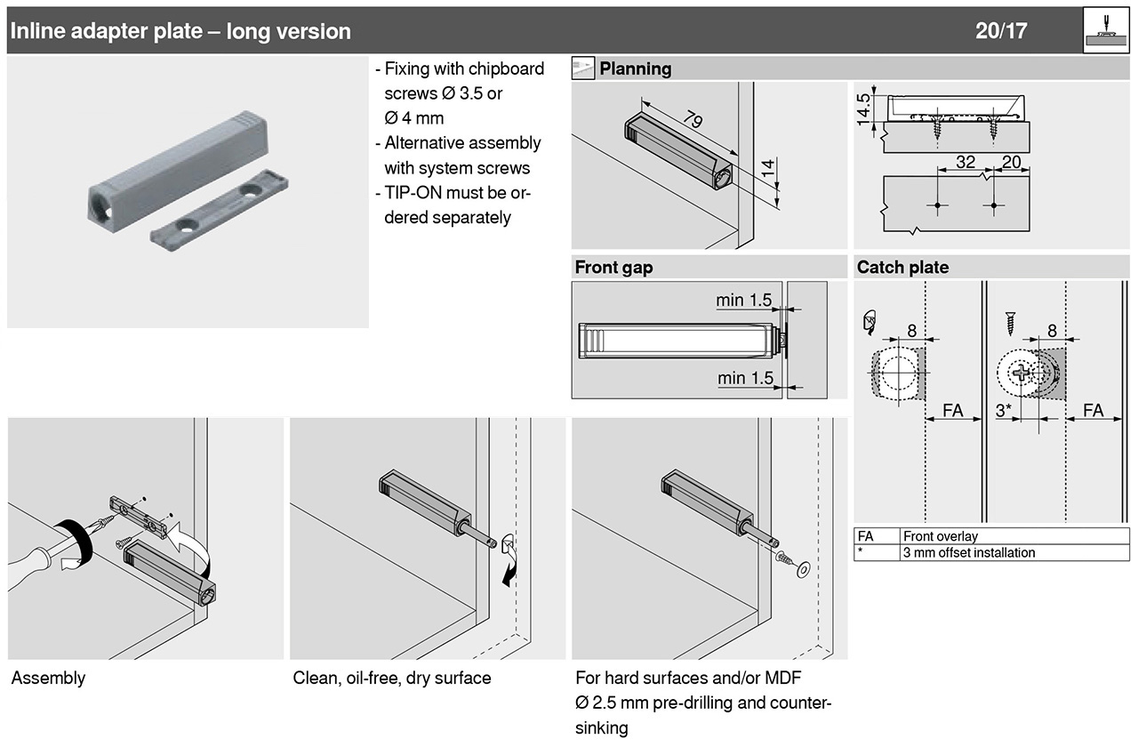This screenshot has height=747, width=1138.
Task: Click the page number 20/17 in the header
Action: coord(1001,31)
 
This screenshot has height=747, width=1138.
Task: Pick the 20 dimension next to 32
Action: coord(1011,163)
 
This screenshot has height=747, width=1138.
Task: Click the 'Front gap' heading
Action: coord(613,268)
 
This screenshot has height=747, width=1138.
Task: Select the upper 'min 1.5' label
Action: coord(744,301)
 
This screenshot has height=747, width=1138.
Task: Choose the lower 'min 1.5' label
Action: coord(744,379)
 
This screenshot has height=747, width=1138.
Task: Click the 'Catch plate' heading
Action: coord(902,268)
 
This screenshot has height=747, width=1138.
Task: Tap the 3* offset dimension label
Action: coord(1004,411)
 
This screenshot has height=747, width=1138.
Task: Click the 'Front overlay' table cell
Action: coord(940,536)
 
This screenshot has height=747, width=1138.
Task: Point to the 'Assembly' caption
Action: coord(48,679)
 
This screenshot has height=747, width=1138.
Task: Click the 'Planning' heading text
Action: coord(636,68)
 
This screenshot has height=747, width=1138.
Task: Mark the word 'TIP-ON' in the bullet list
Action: coord(414,193)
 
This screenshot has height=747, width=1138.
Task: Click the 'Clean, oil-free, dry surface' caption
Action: coord(391,679)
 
